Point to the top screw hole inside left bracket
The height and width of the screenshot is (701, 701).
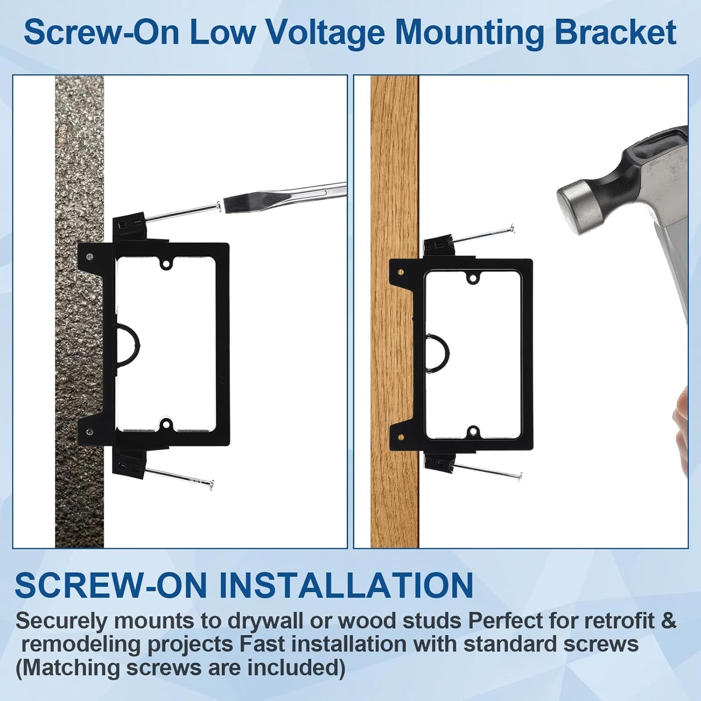[167, 263]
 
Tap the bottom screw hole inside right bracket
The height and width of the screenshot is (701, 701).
[473, 431]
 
